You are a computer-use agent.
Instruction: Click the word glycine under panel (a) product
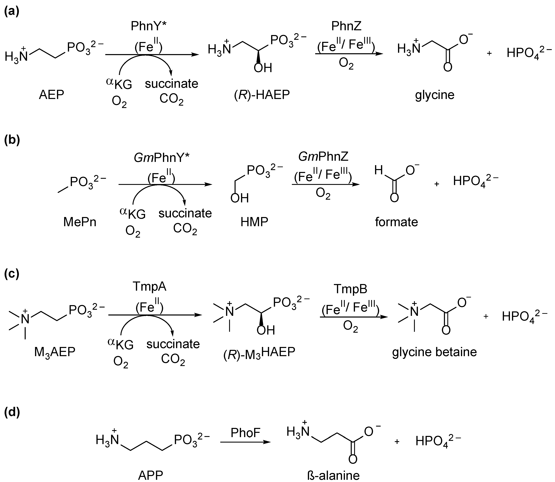[x=434, y=95]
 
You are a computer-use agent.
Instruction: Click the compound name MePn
[x=80, y=222]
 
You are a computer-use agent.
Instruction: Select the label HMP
[x=254, y=222]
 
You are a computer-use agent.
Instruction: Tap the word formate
[x=396, y=222]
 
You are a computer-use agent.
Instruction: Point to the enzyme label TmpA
[x=150, y=287]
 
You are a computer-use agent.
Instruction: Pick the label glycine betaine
[x=434, y=352]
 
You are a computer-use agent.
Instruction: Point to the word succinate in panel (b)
[x=185, y=213]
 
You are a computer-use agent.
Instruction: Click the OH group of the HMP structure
[x=239, y=198]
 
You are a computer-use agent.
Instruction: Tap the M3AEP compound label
[x=55, y=352]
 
